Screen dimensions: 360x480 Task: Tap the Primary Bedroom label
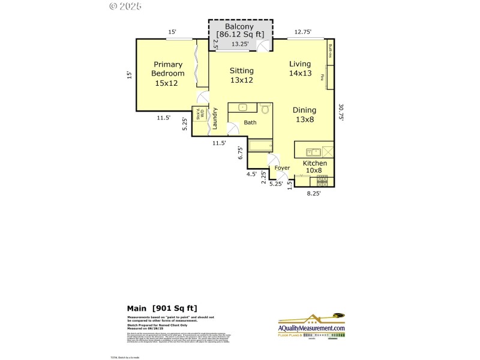(167, 74)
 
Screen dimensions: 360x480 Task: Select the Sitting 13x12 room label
(241, 75)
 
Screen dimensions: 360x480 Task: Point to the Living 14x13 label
(300, 68)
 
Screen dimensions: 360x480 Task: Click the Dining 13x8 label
(304, 115)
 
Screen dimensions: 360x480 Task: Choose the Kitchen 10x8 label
(314, 167)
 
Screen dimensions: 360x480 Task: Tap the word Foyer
(282, 168)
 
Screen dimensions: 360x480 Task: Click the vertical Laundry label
(214, 118)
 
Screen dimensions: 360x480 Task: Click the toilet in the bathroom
(265, 109)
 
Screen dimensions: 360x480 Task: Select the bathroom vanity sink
(242, 108)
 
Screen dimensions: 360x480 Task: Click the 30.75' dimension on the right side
(341, 113)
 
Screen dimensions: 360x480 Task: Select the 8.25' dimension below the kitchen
(314, 194)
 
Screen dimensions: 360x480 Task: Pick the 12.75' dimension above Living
(303, 32)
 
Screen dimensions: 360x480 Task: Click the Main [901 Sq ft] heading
(162, 309)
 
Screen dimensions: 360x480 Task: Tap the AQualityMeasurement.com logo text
(311, 328)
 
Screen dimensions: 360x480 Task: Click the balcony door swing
(264, 46)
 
